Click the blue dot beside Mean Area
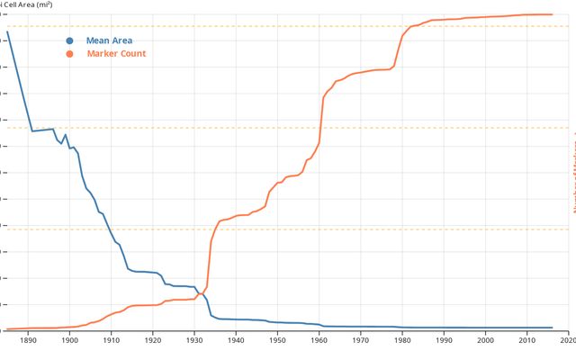pyautogui.click(x=69, y=40)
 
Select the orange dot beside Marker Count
pyautogui.click(x=69, y=54)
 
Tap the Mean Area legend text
pyautogui.click(x=110, y=40)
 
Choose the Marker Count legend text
pyautogui.click(x=116, y=54)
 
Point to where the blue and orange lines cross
pyautogui.click(x=201, y=292)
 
